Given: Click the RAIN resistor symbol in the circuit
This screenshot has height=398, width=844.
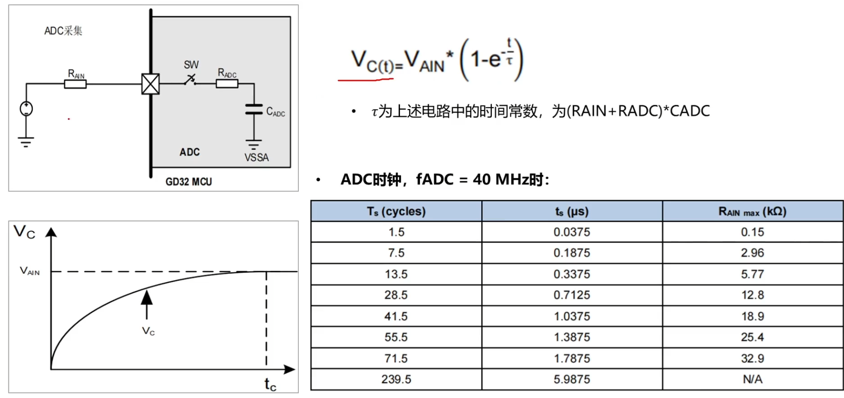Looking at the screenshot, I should coord(75,85).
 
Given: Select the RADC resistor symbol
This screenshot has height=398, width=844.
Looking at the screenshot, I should coord(227,84).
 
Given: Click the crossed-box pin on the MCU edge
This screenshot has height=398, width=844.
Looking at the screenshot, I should coord(150,84).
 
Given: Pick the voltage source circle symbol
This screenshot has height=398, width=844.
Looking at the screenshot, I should coord(26,109).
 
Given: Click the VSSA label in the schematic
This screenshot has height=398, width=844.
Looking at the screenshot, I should coord(256,158).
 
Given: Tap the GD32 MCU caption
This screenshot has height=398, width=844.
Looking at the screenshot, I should coord(189,182).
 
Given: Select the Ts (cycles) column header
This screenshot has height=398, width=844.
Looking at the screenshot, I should coord(396,212).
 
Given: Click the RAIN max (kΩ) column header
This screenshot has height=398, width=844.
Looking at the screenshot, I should coord(752,212).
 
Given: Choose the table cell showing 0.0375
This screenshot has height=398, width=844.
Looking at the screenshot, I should coord(572,232).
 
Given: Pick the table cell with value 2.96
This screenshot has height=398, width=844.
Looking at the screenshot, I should coord(752,253).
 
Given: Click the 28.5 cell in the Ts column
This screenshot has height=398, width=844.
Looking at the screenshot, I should coord(396,295).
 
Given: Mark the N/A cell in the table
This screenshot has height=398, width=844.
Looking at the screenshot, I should coord(752,380).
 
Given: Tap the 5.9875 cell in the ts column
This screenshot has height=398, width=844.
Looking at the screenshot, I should coord(572,380).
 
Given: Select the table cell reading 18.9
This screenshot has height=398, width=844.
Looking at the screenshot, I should coord(752,316).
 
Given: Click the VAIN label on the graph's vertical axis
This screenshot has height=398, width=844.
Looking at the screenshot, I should coord(29,271).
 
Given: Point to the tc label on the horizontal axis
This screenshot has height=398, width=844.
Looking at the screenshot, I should coord(270,384).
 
